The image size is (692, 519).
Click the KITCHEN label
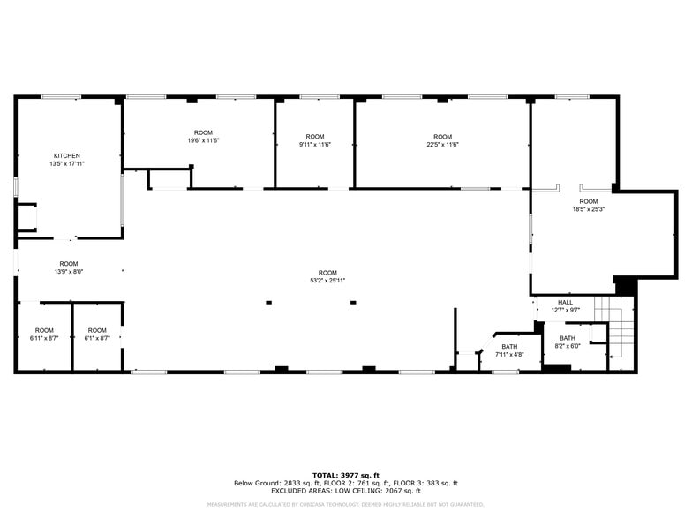click(67, 156)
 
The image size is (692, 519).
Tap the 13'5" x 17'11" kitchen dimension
click(67, 164)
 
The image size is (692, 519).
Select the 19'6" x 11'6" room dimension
click(203, 140)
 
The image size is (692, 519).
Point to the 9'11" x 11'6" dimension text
click(314, 145)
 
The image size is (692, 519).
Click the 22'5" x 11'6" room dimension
click(442, 145)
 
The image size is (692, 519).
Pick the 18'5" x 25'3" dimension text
click(588, 209)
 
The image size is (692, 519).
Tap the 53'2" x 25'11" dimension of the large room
click(327, 280)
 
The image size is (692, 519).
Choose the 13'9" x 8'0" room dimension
click(69, 272)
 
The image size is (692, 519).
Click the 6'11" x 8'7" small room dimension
click(44, 338)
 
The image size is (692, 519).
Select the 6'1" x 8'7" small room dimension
click(97, 338)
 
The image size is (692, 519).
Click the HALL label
click(565, 302)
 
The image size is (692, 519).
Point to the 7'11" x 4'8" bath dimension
click(509, 355)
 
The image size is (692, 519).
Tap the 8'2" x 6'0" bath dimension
click(567, 346)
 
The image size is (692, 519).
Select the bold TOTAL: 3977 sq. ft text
click(345, 475)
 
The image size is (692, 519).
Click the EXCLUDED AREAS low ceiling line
click(345, 490)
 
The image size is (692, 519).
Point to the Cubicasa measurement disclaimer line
click(345, 504)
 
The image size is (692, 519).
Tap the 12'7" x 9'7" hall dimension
click(565, 310)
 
